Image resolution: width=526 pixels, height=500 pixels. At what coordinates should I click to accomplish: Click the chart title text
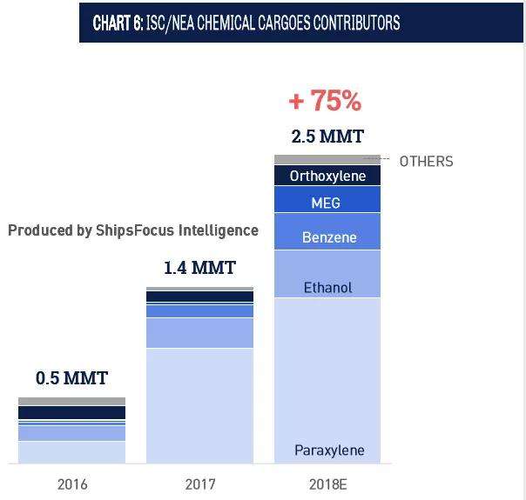tap(246, 23)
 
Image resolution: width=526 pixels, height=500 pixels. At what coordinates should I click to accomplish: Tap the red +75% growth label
tap(325, 100)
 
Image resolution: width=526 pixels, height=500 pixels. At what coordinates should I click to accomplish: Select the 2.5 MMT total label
tap(327, 137)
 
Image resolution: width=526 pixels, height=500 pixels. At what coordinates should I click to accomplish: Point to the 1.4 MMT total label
tap(200, 268)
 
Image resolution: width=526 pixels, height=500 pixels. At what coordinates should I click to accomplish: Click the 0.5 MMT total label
tap(71, 378)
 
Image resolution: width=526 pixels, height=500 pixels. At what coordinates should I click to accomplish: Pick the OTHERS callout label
tap(426, 162)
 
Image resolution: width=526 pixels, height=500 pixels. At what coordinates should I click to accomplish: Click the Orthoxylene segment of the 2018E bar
tap(327, 176)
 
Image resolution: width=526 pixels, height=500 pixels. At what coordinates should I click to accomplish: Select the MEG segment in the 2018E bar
tap(327, 200)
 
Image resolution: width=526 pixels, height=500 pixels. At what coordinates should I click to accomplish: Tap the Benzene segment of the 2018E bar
tap(327, 231)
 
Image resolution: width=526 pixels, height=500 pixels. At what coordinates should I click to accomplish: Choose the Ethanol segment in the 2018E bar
tap(327, 274)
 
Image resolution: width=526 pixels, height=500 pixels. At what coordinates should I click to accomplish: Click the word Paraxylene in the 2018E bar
tap(329, 450)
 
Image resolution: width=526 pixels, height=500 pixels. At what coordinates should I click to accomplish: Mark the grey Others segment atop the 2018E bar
tap(327, 159)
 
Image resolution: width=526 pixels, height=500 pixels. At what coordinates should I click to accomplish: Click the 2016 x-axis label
tap(72, 484)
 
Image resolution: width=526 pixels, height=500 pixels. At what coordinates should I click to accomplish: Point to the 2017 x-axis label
tap(200, 484)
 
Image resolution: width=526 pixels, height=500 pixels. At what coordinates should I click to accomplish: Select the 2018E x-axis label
tap(327, 484)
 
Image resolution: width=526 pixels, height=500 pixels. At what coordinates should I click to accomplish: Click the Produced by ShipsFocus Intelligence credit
tap(133, 230)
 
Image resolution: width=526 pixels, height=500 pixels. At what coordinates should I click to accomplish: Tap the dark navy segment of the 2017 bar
tap(200, 297)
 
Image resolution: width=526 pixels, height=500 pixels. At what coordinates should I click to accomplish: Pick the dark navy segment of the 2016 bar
tap(71, 412)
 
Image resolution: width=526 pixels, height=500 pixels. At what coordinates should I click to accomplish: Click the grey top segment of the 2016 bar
tap(71, 401)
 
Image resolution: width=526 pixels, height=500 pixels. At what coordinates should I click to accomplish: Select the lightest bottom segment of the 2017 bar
tap(200, 406)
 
